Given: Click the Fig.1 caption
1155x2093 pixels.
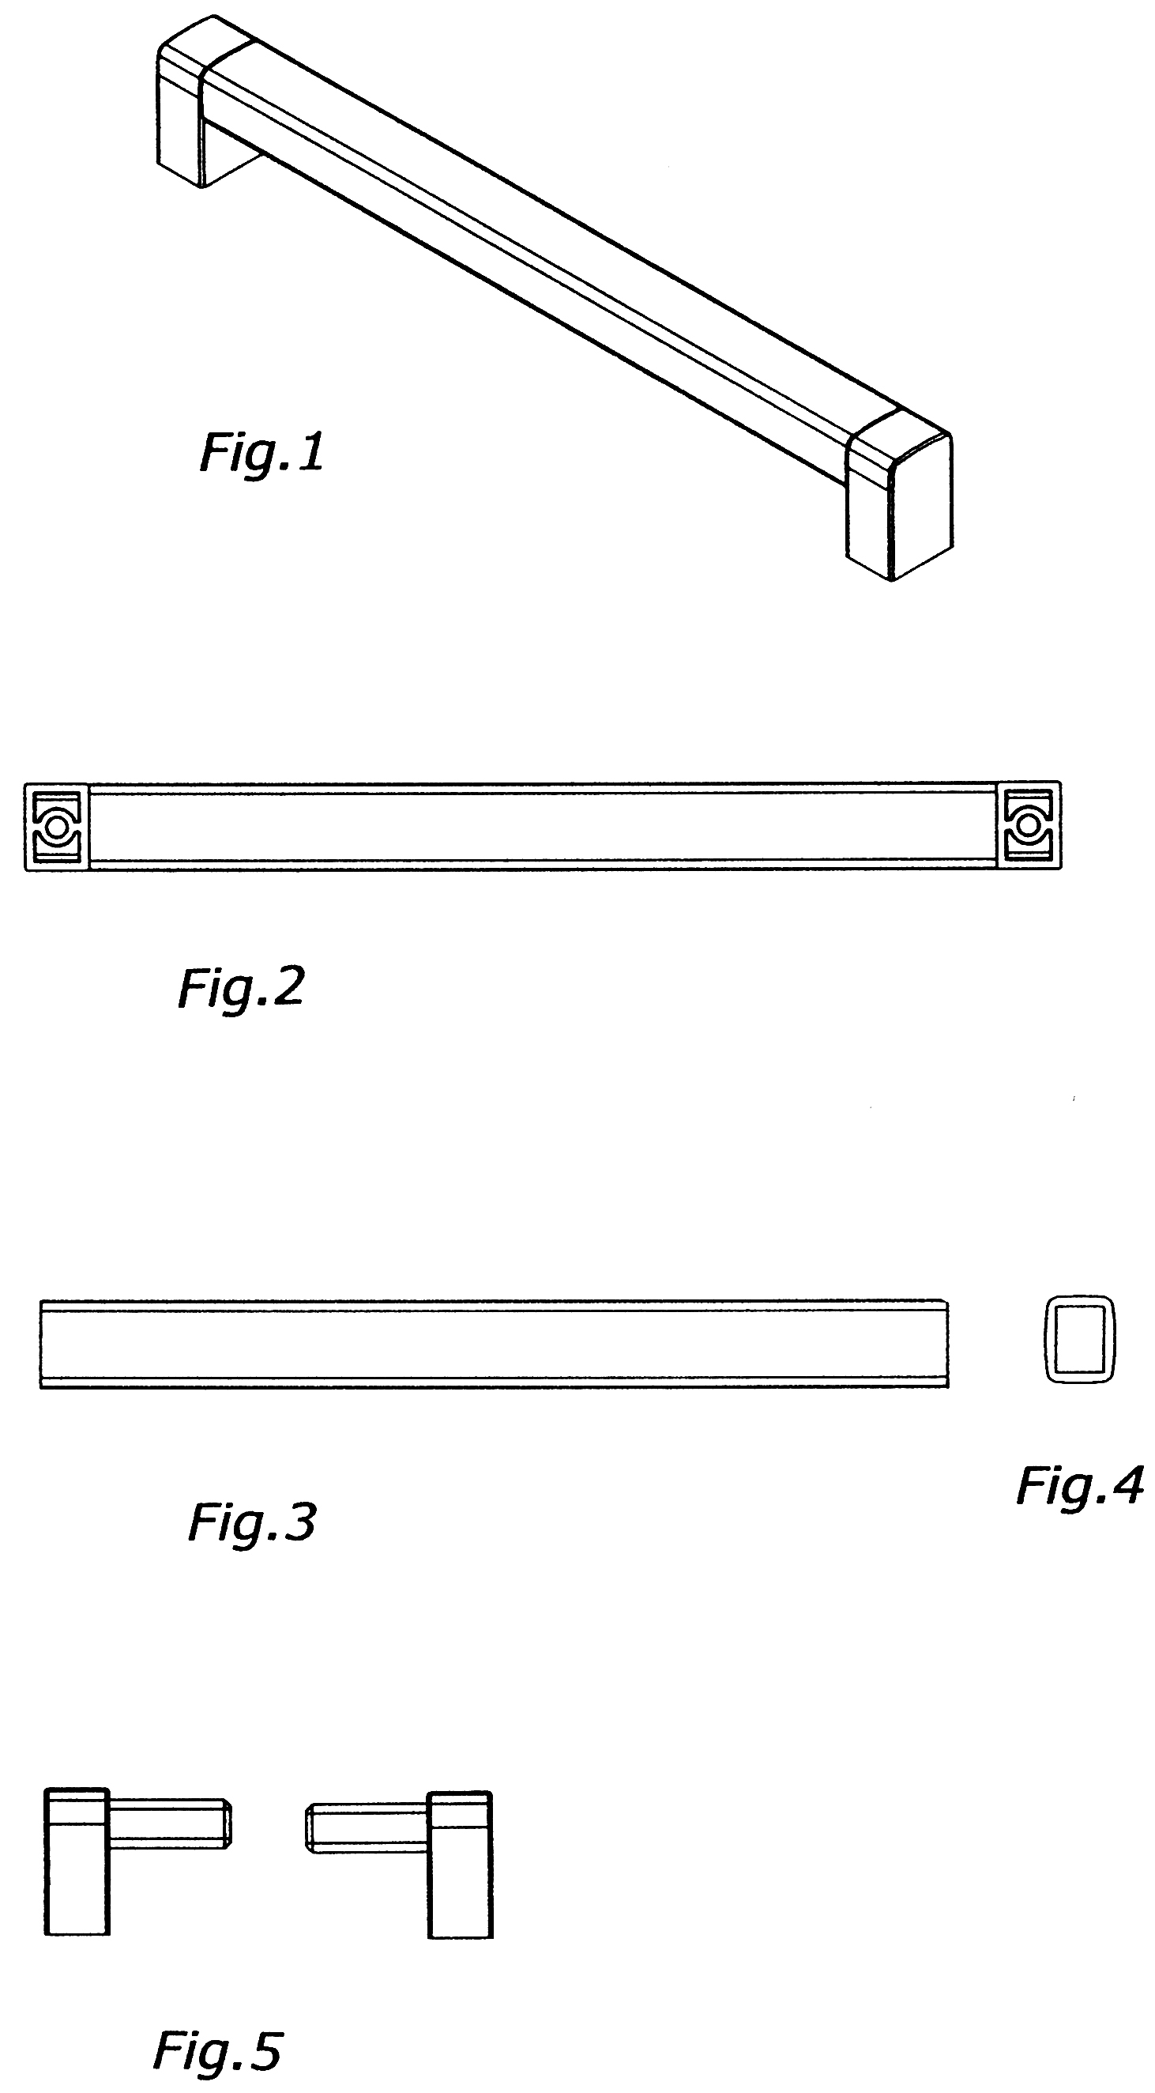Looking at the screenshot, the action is click(x=261, y=452).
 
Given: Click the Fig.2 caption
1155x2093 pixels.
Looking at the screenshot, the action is click(x=240, y=987).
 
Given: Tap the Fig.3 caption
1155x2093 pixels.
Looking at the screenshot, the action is click(x=251, y=1521).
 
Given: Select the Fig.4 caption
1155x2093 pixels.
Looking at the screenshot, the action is click(x=1080, y=1486).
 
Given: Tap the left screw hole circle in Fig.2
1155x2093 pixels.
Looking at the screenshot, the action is click(x=57, y=826).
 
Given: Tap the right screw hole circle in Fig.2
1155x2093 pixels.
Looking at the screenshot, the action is click(x=1028, y=825).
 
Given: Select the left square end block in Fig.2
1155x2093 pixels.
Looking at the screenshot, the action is click(x=56, y=826).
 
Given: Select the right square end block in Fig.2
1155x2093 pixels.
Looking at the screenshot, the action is click(x=1029, y=825).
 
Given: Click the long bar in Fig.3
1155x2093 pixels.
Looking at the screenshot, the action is click(x=494, y=1344).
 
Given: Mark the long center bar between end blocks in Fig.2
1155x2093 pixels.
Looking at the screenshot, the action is click(x=542, y=826).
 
